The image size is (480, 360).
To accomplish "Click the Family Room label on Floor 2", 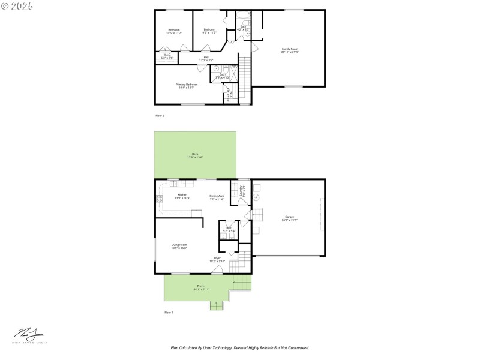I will point(290,50).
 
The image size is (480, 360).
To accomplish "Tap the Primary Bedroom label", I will point(186,86).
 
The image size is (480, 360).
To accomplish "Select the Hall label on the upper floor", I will point(206,59).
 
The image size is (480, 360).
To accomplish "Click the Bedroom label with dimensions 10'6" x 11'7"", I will point(173,31).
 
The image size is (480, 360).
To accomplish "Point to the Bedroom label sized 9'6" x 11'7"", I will point(209,31).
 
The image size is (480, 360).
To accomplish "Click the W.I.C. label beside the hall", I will point(167,56).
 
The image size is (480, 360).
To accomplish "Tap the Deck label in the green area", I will point(194,155).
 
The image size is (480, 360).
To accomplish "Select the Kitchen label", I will point(182,196).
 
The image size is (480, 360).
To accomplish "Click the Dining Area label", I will point(217,197).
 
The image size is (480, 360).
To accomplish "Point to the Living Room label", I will point(179,246).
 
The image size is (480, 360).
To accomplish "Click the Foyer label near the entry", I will point(217,260).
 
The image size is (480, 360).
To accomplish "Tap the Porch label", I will point(200,287).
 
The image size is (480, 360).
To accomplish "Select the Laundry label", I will point(242,191).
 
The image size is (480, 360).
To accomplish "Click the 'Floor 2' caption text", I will point(160,115).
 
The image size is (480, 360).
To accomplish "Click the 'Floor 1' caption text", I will point(169,313).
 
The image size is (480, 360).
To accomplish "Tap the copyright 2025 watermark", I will point(17,5).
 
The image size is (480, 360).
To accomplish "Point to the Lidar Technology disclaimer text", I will point(240,347).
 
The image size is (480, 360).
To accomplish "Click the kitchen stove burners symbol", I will point(160,199).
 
